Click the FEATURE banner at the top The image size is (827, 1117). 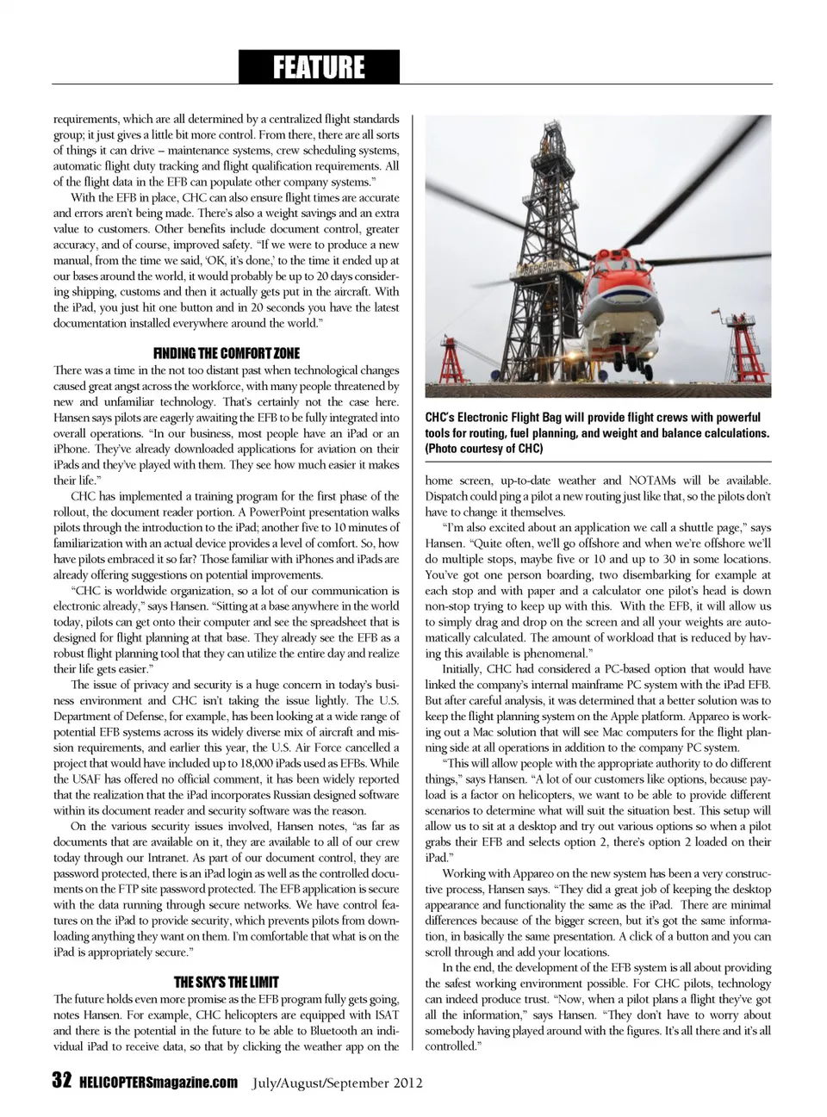click(x=319, y=66)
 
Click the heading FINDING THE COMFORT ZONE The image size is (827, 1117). click(x=226, y=353)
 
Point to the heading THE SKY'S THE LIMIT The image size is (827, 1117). click(x=226, y=982)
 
